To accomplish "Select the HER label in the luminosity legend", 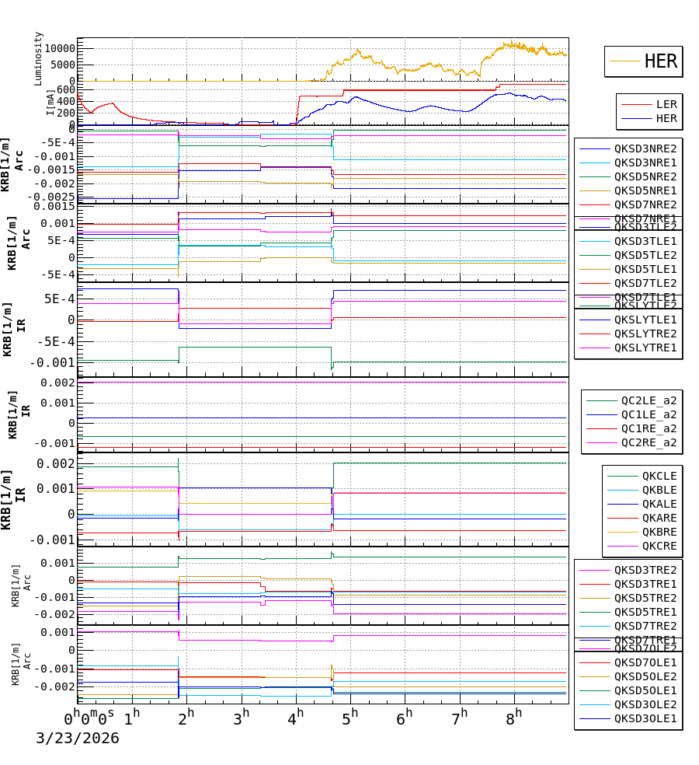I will point(660,61).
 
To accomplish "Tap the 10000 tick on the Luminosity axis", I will point(59,48).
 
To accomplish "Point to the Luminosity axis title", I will point(39,58).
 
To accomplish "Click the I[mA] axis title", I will point(50,103).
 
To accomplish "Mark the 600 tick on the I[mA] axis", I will point(66,89).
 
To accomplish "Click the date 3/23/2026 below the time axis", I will point(78,738).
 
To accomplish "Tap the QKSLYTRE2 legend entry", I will point(645,334).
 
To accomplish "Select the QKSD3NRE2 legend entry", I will point(645,148).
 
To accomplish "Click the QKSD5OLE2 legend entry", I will point(645,676).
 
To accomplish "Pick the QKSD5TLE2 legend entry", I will point(645,255).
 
